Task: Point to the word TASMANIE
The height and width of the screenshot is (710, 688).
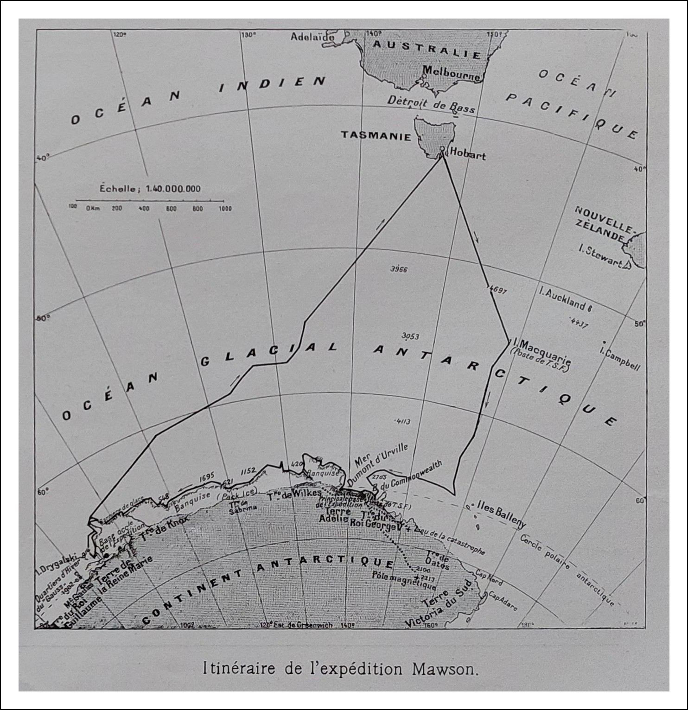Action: pyautogui.click(x=376, y=136)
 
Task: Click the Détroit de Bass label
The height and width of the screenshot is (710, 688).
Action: pyautogui.click(x=431, y=104)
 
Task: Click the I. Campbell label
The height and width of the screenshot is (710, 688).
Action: pyautogui.click(x=620, y=358)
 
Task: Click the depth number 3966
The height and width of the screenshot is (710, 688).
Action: pyautogui.click(x=399, y=269)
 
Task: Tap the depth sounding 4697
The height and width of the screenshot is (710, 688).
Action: pyautogui.click(x=498, y=291)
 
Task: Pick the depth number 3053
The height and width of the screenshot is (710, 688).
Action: pyautogui.click(x=410, y=336)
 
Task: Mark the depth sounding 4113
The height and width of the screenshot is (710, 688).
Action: pyautogui.click(x=402, y=421)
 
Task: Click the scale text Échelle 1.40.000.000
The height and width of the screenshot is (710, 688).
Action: pyautogui.click(x=150, y=189)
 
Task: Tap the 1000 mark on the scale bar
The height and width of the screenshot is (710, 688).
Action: pyautogui.click(x=225, y=209)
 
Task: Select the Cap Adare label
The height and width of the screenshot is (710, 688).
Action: pyautogui.click(x=502, y=602)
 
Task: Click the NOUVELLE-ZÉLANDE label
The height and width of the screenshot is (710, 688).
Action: pyautogui.click(x=603, y=223)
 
